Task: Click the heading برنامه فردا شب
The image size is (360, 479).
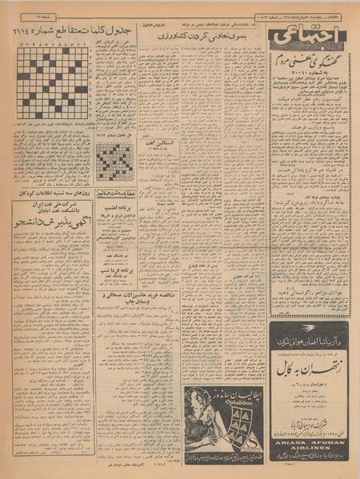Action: (x=117, y=270)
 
